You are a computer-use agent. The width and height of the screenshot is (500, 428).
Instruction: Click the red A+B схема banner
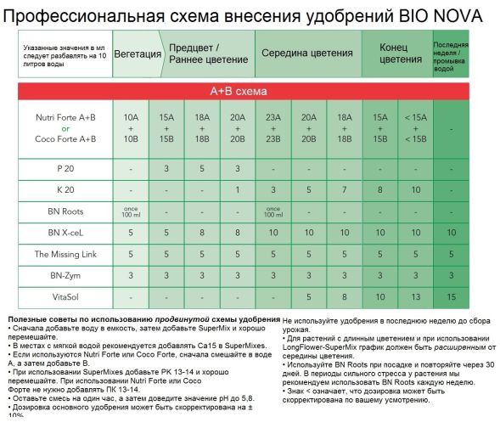[x=250, y=91]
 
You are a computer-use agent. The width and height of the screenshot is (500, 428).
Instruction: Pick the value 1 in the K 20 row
[x=239, y=189]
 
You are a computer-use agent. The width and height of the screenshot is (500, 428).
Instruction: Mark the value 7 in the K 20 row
[x=344, y=189]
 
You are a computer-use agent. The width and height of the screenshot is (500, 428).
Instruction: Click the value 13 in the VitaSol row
[x=415, y=296]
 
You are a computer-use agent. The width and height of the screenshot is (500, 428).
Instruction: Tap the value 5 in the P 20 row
[x=202, y=169]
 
